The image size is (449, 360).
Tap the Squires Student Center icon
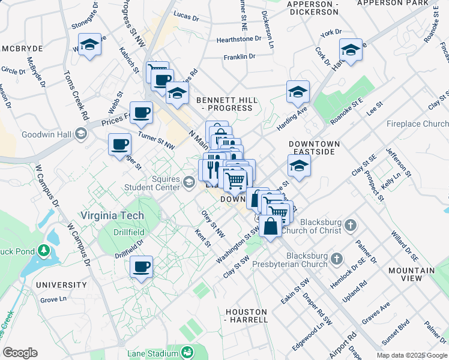pos(189,181)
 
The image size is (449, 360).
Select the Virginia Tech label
pos(113,215)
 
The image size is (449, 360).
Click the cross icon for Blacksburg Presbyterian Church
pos(337,259)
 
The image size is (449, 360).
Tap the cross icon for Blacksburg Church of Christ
pos(351,226)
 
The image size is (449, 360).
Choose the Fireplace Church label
pos(417,124)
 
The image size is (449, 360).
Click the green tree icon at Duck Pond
pos(44,248)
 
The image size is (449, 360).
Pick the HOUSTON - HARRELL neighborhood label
pos(246,316)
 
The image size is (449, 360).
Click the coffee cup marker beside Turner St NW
pos(141,112)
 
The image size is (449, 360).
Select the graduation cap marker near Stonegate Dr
pos(89,45)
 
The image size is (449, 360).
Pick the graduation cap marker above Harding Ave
pos(298,91)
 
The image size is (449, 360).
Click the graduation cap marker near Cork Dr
pos(351,49)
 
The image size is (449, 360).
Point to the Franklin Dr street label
pos(240,57)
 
